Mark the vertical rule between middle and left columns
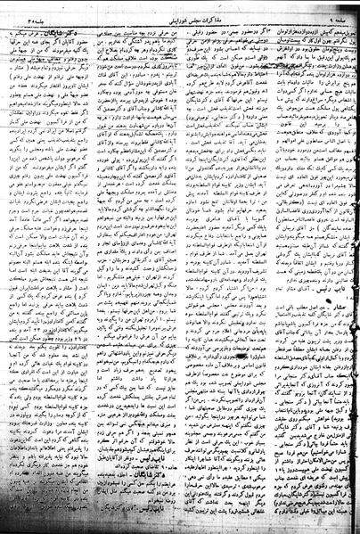pyautogui.click(x=124, y=267)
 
